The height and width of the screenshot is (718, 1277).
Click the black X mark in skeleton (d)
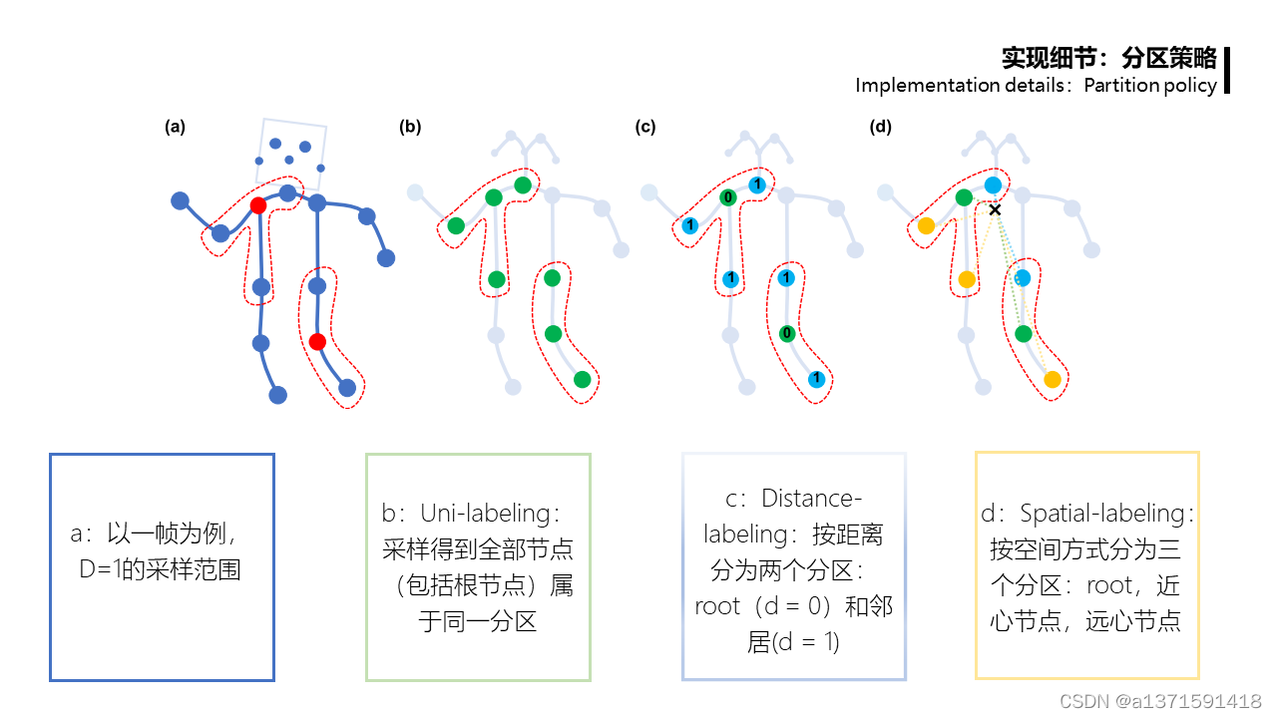click(995, 209)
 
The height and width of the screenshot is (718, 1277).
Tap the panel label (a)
click(176, 127)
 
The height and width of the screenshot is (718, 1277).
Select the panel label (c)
click(645, 127)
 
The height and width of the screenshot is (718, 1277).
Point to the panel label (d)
click(881, 127)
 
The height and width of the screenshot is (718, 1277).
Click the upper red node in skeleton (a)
click(257, 205)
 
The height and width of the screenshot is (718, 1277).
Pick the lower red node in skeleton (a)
click(317, 342)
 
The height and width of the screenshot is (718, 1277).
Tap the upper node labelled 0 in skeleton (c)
click(728, 197)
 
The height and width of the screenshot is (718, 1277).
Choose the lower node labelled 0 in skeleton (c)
click(787, 333)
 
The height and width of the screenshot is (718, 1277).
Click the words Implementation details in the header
click(956, 85)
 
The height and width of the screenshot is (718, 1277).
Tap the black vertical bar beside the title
click(1226, 70)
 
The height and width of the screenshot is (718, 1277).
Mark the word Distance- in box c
click(810, 498)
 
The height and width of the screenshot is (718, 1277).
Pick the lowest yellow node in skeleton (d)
click(1052, 379)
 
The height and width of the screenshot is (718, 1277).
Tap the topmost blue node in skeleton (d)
click(993, 185)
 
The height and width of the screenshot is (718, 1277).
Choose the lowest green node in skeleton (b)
click(583, 379)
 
